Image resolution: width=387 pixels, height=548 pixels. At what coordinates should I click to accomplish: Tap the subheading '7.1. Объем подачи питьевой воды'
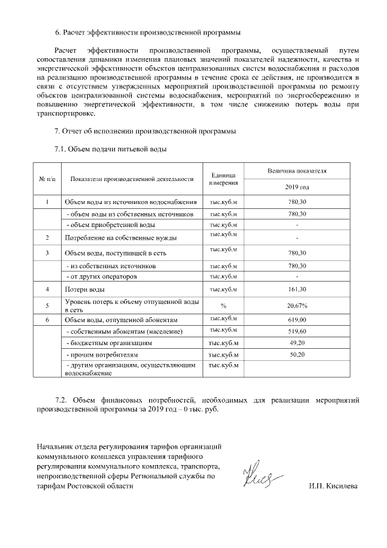[110, 148]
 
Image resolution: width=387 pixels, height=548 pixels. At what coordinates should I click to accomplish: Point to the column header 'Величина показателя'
[297, 171]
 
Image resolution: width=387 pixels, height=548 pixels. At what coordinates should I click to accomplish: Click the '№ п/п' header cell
[47, 179]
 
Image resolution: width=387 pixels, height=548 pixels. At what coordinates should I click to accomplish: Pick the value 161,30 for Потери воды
[297, 290]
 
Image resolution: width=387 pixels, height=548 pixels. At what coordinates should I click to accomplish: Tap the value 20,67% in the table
[297, 305]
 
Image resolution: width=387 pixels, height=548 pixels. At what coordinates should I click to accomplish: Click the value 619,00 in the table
[297, 319]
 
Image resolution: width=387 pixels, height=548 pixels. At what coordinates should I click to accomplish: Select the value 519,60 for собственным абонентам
[297, 332]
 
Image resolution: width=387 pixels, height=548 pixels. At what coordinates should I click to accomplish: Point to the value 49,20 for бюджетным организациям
[297, 343]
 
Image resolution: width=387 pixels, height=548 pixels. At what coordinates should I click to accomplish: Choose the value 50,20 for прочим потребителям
[297, 354]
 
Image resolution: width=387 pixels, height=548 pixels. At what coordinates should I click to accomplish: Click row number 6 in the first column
[47, 319]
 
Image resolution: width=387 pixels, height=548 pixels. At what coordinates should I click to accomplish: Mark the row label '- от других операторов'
[100, 277]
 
